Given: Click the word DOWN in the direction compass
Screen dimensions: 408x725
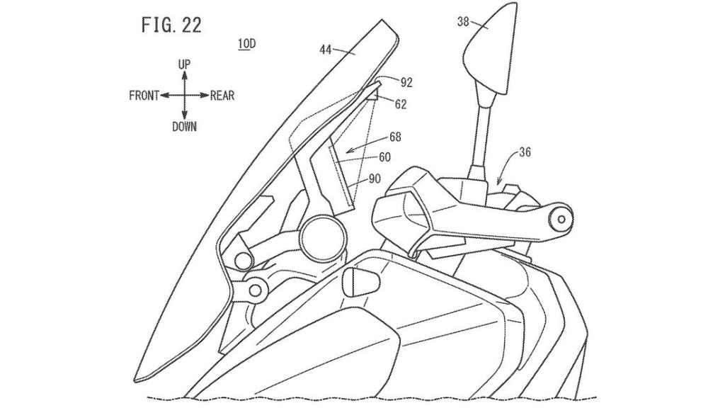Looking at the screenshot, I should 184,126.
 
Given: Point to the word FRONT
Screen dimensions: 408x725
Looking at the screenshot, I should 144,96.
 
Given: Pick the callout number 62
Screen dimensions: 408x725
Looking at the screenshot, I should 401,104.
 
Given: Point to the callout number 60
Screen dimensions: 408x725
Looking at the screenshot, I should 385,157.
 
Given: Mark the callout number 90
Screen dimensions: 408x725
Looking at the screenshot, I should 375,178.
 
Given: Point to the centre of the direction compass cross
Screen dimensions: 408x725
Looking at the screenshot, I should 184,96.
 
